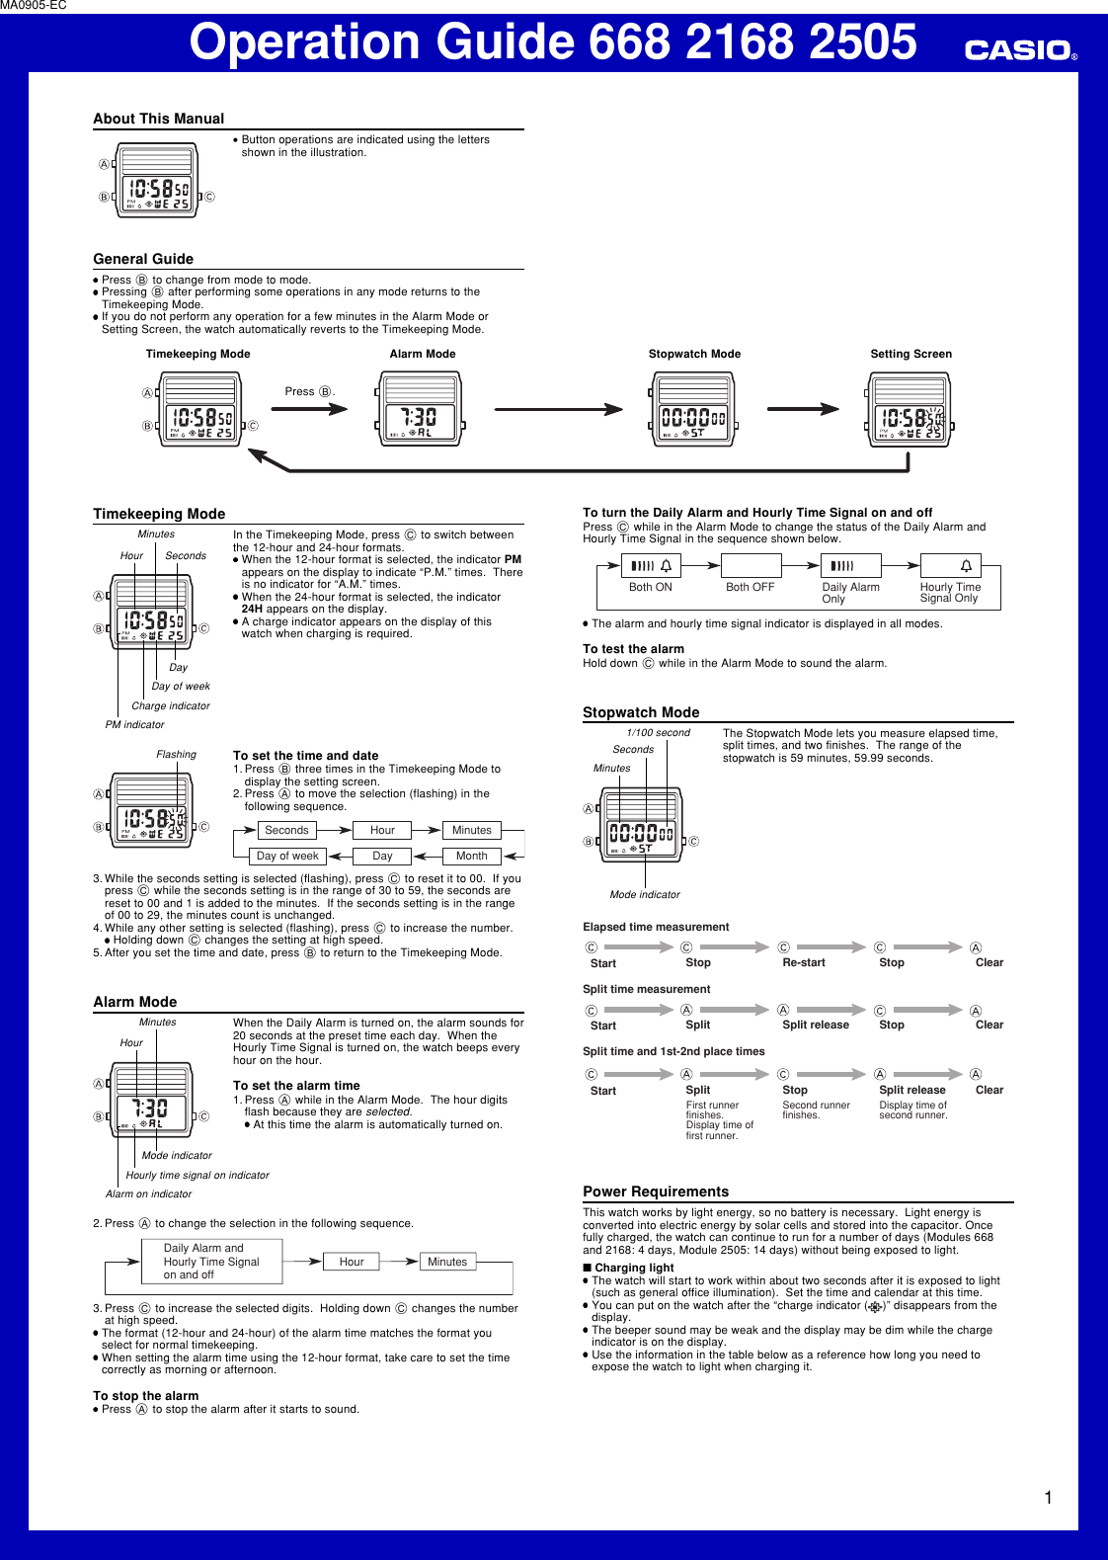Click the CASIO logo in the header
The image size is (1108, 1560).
tap(1020, 49)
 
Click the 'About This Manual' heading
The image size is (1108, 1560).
tap(158, 119)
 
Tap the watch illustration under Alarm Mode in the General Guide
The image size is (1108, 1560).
tap(421, 409)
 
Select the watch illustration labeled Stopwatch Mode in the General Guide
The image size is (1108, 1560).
tap(694, 409)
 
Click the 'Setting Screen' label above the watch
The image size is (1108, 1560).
tap(910, 354)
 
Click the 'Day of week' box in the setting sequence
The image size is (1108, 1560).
tap(287, 856)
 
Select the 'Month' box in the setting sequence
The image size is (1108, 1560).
tap(471, 856)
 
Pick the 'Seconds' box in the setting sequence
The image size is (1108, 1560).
tap(286, 830)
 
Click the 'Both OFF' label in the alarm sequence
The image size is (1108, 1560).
tap(750, 587)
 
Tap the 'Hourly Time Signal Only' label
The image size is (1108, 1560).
tap(950, 592)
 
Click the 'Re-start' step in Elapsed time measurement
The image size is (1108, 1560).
tap(803, 962)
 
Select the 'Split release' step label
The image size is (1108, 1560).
tap(911, 1090)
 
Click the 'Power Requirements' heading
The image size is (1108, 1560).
tap(655, 1191)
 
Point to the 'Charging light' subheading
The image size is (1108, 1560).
tap(633, 1268)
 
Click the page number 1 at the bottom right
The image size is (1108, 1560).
tap(1048, 1498)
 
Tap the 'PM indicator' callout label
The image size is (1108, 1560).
tap(134, 724)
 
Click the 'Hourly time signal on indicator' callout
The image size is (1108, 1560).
tap(197, 1175)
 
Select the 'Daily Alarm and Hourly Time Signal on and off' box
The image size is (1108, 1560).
tap(210, 1262)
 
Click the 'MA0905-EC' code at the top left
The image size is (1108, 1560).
tap(34, 6)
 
